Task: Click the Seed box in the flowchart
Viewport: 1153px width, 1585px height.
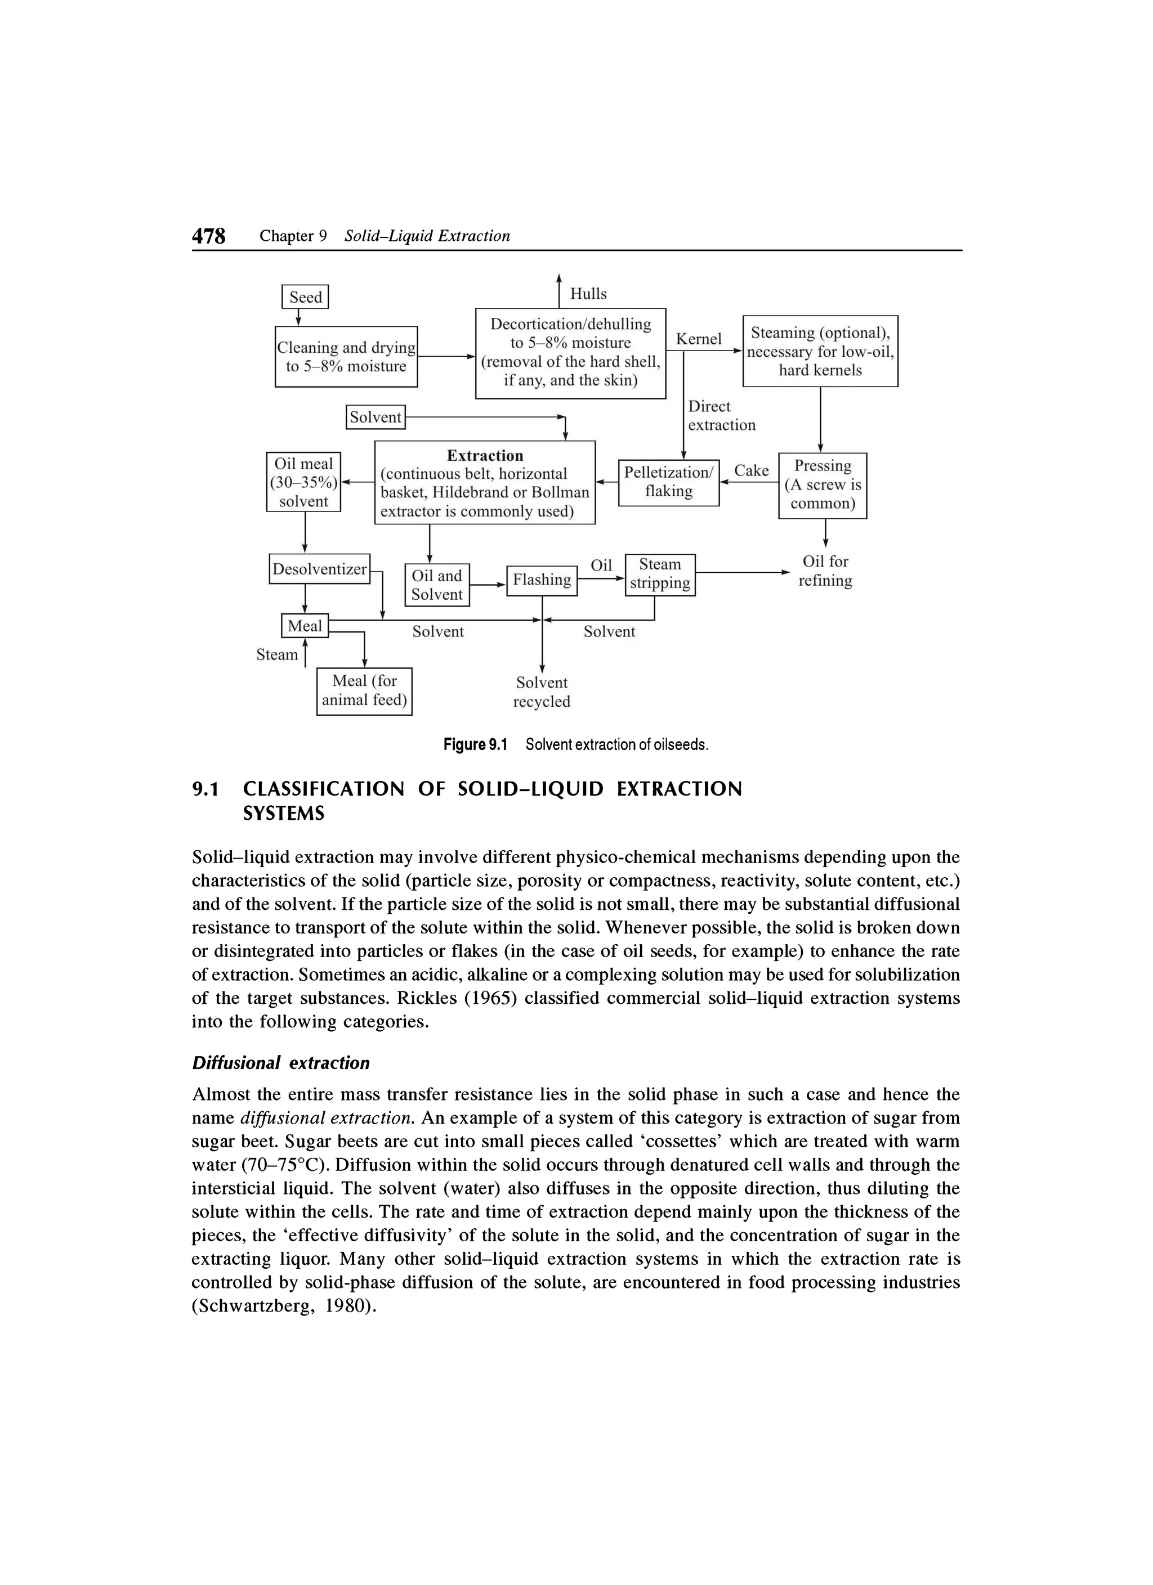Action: click(305, 297)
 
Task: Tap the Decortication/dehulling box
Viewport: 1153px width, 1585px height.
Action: click(570, 353)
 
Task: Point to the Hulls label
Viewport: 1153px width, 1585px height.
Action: click(588, 294)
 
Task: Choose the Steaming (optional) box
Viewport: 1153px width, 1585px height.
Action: click(820, 351)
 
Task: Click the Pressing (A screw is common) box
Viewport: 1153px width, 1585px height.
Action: click(823, 485)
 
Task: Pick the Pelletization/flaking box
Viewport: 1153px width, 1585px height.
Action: click(668, 482)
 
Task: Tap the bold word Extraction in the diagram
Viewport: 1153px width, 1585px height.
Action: click(485, 456)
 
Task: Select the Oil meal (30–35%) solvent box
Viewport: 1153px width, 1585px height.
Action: click(303, 482)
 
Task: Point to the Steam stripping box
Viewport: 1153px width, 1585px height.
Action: click(659, 574)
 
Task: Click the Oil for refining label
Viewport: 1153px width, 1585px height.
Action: click(825, 571)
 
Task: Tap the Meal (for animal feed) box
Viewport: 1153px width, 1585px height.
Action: click(364, 690)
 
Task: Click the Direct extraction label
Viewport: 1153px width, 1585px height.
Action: click(721, 416)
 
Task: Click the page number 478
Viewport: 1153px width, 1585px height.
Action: click(209, 236)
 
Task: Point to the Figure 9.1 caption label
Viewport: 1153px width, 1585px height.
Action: click(475, 745)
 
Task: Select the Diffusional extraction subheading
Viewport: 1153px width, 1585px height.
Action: click(280, 1063)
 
